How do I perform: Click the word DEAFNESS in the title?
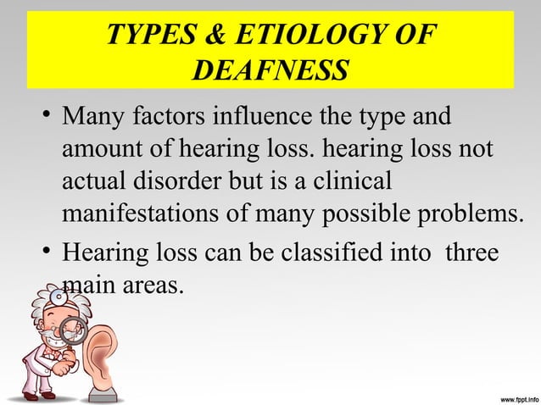270,70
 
